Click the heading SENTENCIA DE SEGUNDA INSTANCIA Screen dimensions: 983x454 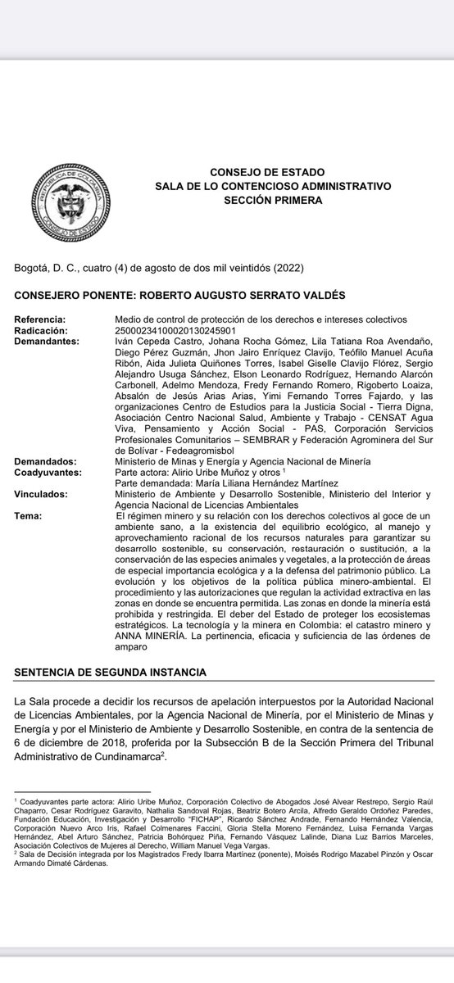(x=111, y=673)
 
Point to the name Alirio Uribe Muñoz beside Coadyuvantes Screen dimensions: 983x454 (x=207, y=473)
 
